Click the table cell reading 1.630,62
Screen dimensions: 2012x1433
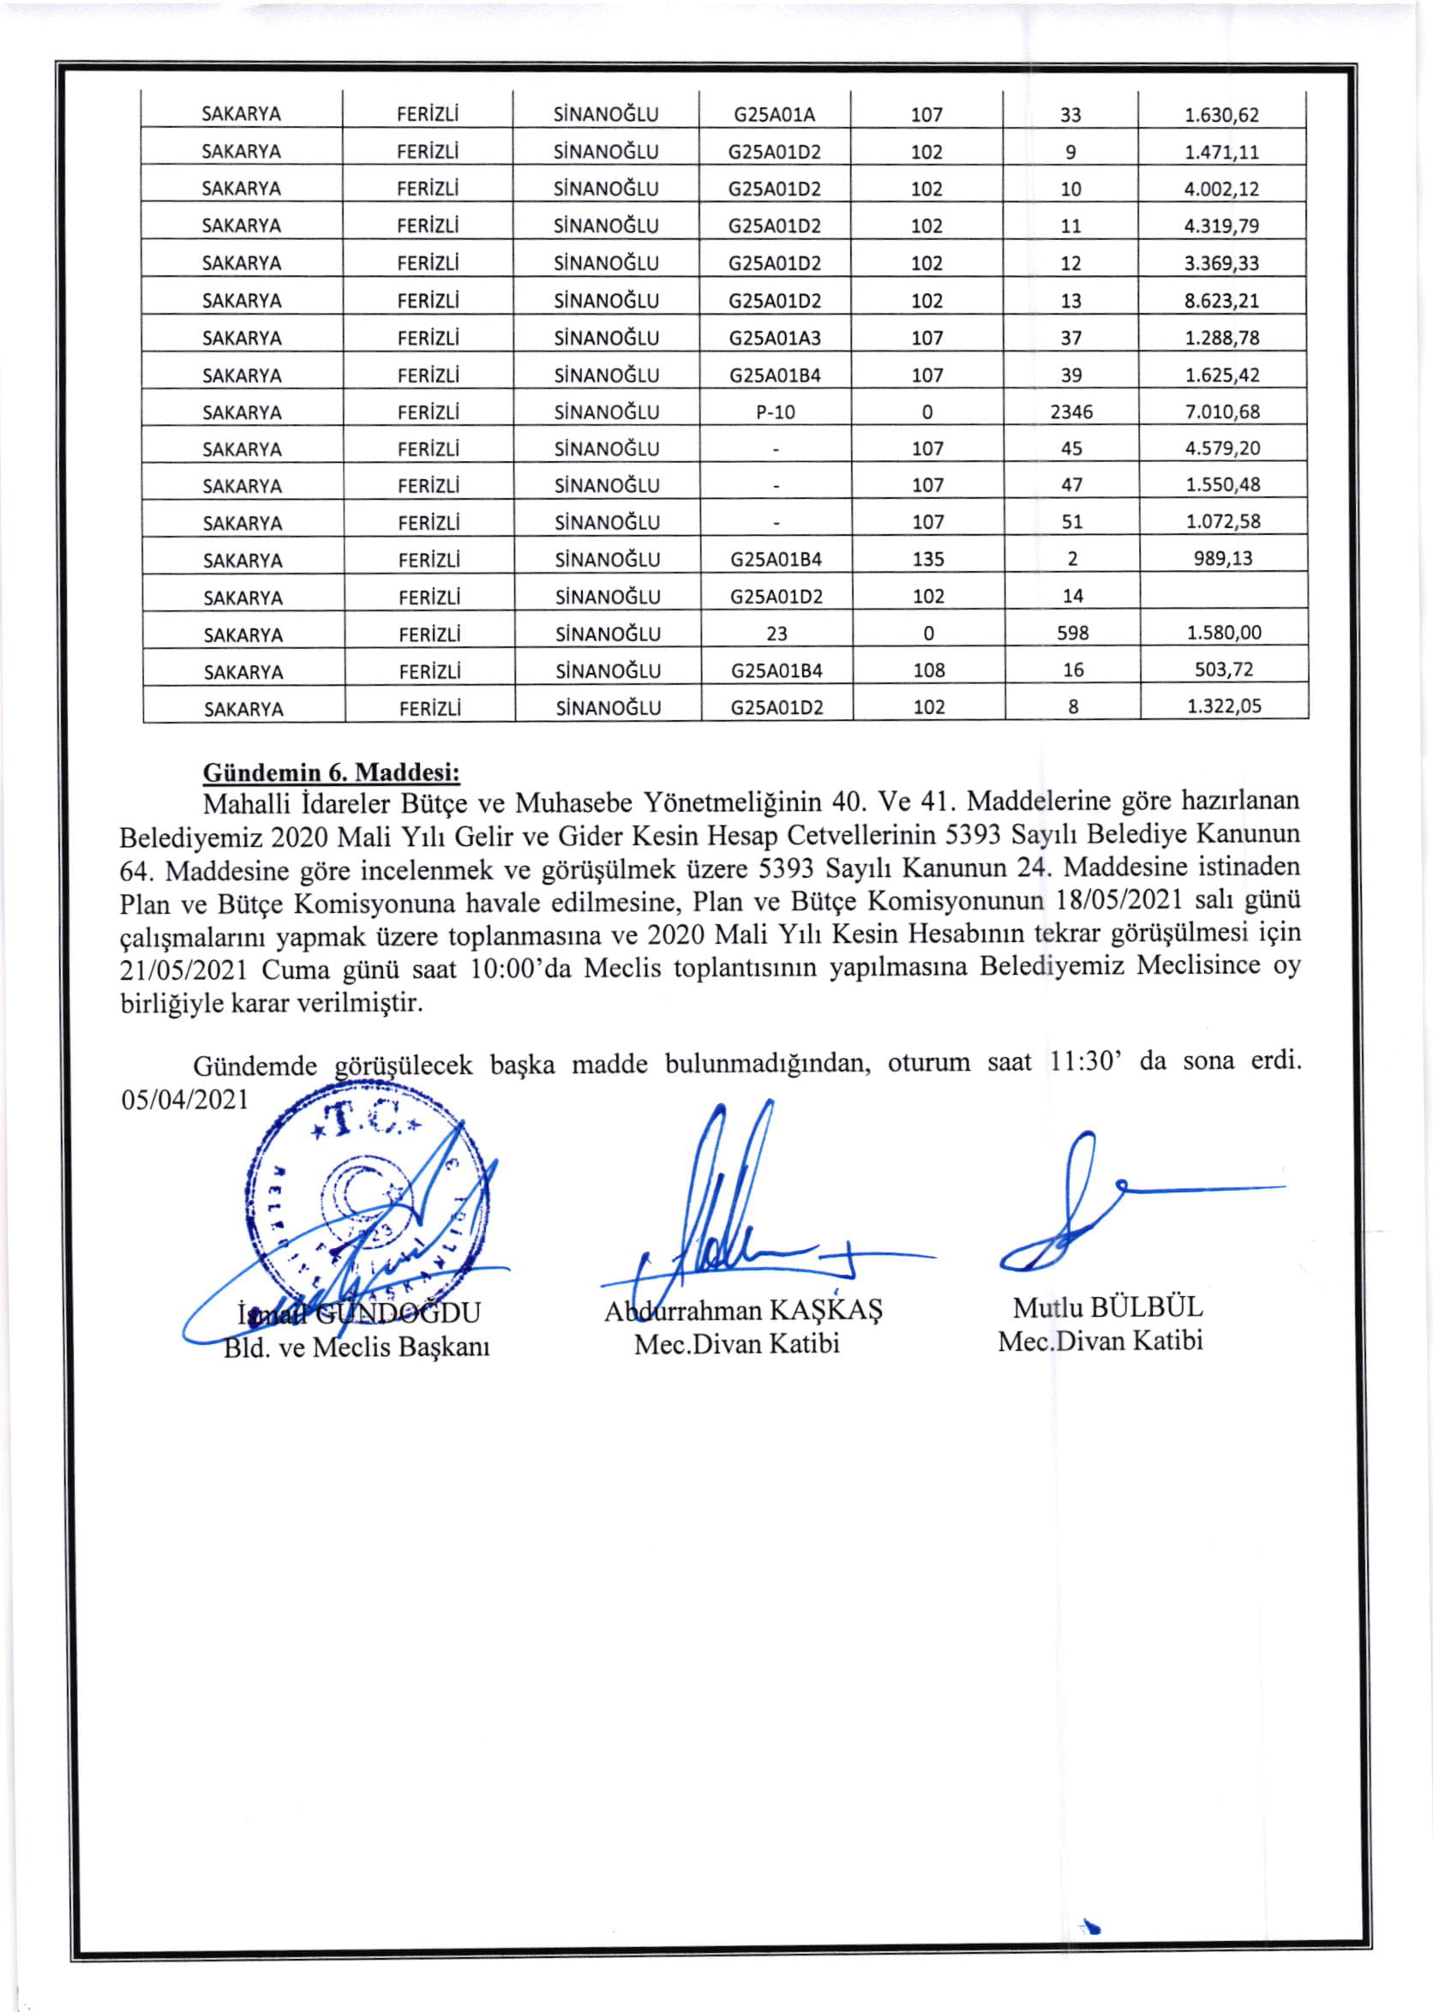click(1221, 115)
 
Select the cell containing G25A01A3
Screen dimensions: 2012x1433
click(775, 338)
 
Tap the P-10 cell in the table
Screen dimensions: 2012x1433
click(776, 412)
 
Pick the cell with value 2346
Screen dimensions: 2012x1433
click(1071, 412)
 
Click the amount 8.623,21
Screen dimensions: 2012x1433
click(1221, 301)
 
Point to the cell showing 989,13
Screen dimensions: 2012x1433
click(1223, 559)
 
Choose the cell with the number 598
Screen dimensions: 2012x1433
click(1073, 634)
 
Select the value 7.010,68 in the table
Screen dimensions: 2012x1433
click(1222, 412)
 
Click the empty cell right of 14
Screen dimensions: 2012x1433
click(1223, 596)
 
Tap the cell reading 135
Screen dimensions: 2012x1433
click(928, 560)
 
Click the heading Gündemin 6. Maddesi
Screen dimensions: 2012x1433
click(332, 773)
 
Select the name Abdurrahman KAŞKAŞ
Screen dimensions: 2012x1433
click(742, 1311)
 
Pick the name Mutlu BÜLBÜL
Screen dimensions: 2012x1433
click(1107, 1307)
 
